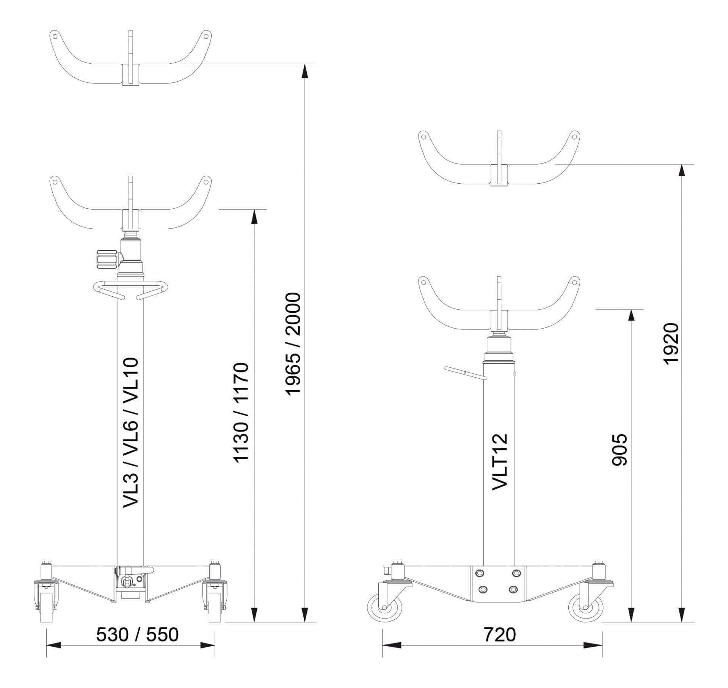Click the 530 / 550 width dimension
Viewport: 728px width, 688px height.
click(137, 635)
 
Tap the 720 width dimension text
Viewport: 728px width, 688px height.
click(499, 635)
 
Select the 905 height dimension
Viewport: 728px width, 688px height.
click(620, 450)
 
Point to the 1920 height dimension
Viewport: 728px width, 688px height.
click(670, 343)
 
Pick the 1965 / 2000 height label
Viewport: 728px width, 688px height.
click(293, 344)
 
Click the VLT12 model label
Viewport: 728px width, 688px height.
click(499, 462)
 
